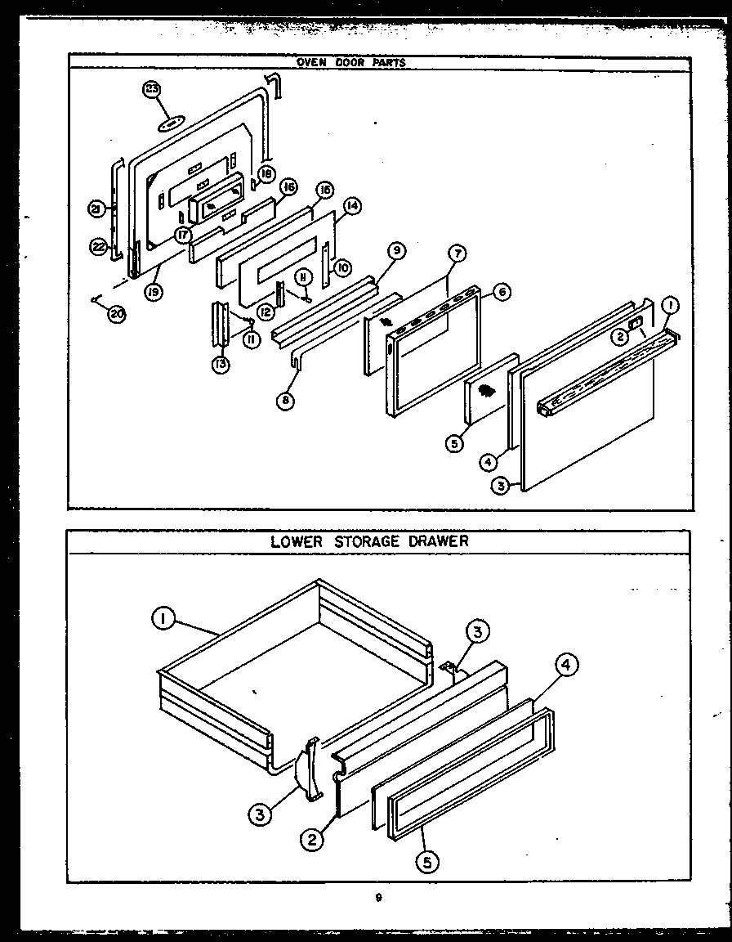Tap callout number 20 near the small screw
tap(117, 314)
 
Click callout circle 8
tap(285, 401)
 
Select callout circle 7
tap(456, 254)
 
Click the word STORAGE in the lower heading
tap(371, 541)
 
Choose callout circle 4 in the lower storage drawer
tap(565, 665)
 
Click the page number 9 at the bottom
tap(378, 897)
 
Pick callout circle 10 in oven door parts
tap(344, 267)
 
